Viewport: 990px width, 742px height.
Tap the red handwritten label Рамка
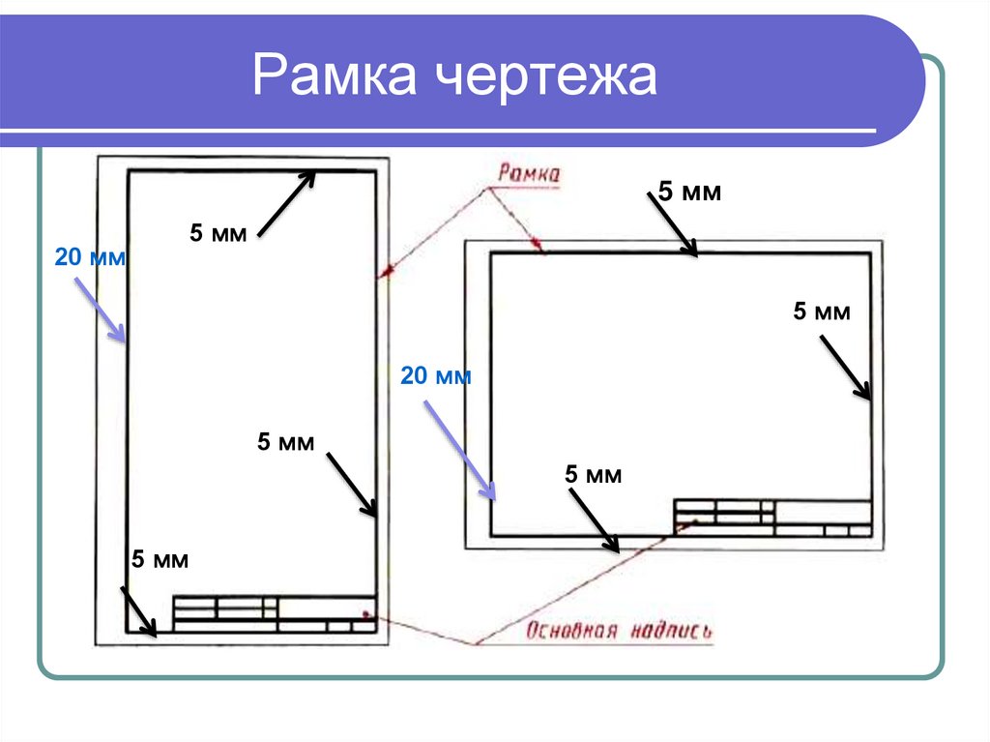[x=529, y=174]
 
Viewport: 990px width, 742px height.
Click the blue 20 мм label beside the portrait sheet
[x=91, y=258]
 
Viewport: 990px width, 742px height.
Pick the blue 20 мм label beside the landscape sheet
[x=436, y=376]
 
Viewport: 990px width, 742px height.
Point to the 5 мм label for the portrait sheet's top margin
[x=218, y=233]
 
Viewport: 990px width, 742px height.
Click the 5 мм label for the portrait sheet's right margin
[x=285, y=443]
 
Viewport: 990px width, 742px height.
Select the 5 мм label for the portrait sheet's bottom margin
[x=160, y=559]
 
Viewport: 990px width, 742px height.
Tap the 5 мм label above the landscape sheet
[x=690, y=192]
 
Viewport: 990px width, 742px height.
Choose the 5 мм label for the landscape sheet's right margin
[x=822, y=312]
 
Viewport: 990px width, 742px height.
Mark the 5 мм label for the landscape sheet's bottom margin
[x=593, y=474]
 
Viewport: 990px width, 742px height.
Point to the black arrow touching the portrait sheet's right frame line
[x=351, y=483]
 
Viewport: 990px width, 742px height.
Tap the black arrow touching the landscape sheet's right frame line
[x=846, y=367]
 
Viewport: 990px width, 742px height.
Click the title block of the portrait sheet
[x=274, y=614]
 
